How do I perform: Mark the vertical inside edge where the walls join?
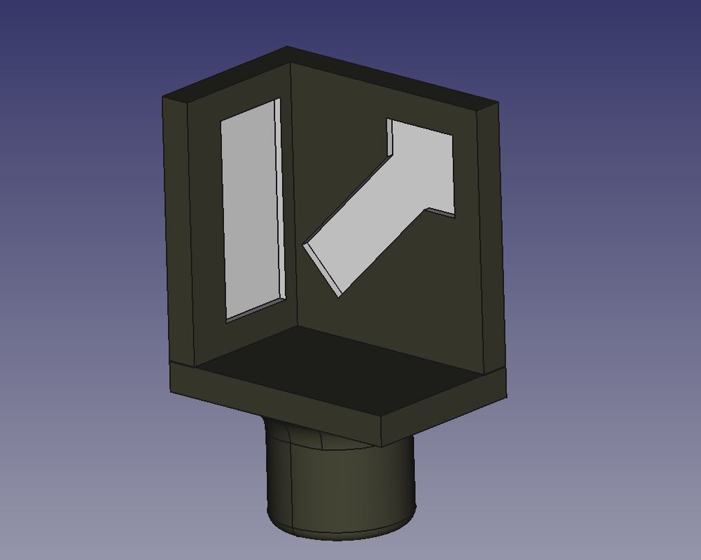pyautogui.click(x=294, y=207)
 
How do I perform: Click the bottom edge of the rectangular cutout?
pyautogui.click(x=256, y=309)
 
